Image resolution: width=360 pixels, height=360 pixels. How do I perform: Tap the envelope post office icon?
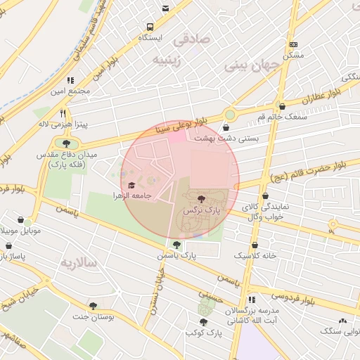pyautogui.click(x=165, y=8)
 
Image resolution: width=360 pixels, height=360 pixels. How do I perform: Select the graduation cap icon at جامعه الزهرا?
pyautogui.click(x=131, y=185)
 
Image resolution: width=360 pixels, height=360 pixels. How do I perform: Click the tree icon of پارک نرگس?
pyautogui.click(x=202, y=200)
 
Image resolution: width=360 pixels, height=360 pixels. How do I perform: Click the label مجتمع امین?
pyautogui.click(x=70, y=91)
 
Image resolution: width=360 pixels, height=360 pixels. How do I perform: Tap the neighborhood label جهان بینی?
pyautogui.click(x=252, y=65)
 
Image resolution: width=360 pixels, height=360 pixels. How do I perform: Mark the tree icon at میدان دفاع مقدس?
pyautogui.click(x=57, y=143)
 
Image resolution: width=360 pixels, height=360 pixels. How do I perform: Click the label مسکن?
pyautogui.click(x=292, y=55)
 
